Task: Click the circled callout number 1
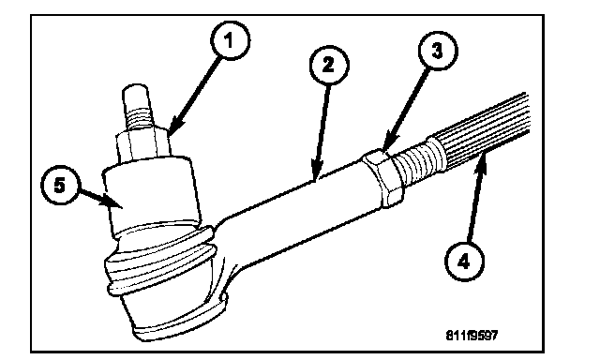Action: (x=230, y=40)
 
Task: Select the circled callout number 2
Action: (x=329, y=65)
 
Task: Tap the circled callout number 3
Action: (x=438, y=50)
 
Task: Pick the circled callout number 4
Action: (x=464, y=262)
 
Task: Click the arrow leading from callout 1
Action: (x=195, y=97)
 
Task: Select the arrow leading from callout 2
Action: (x=321, y=132)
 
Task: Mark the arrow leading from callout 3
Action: (x=407, y=112)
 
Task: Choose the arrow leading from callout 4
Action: (x=475, y=199)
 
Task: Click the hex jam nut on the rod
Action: (x=383, y=178)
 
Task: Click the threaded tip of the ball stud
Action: (x=137, y=107)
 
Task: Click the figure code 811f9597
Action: (x=472, y=336)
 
